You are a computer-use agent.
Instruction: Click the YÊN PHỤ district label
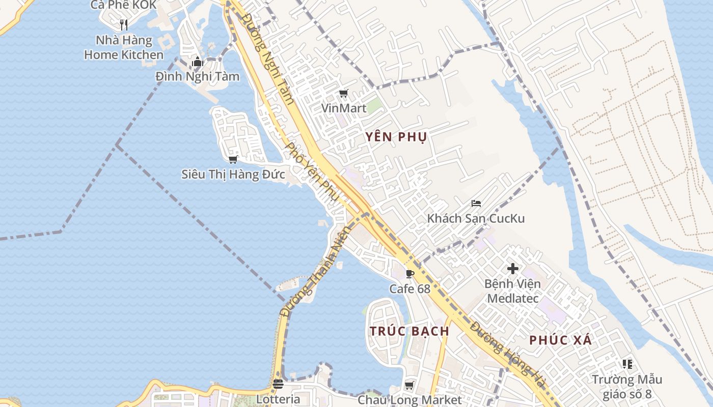tap(396, 137)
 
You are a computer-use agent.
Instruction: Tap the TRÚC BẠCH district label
tap(409, 331)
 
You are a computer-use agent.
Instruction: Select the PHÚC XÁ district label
tap(560, 340)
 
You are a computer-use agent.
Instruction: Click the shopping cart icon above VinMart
tap(343, 93)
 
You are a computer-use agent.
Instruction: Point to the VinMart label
tap(343, 108)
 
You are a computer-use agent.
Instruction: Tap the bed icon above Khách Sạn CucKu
tap(476, 203)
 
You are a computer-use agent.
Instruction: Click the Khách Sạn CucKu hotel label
tap(476, 219)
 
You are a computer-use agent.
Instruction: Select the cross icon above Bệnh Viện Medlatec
tap(513, 268)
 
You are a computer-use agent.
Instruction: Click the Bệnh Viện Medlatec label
tap(512, 290)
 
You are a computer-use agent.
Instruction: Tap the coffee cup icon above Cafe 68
tap(409, 274)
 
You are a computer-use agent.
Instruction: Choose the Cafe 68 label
tap(409, 289)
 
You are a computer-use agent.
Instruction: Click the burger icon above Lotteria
tap(278, 384)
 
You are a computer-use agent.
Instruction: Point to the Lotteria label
tap(278, 399)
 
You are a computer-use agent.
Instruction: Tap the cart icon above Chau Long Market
tap(409, 385)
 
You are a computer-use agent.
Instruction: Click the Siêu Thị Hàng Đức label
tap(233, 174)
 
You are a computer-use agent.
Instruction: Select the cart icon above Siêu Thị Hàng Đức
tap(233, 159)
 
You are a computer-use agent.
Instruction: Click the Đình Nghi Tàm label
tap(198, 77)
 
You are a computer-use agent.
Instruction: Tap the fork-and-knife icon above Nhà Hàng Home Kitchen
tap(123, 24)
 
